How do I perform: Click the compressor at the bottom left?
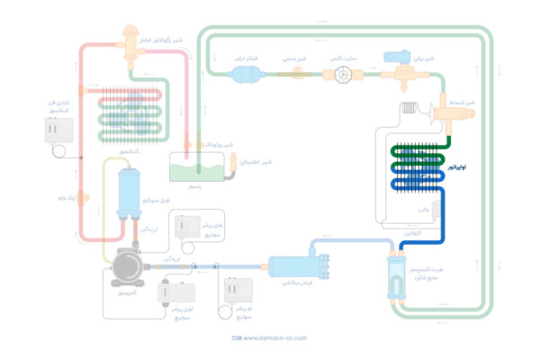point(127,268)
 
